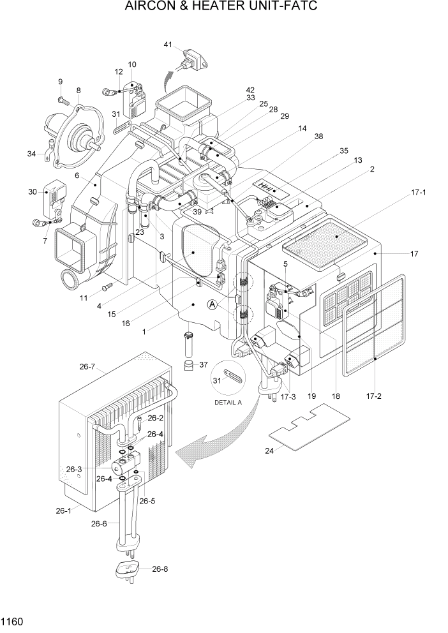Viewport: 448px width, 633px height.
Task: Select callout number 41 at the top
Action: [168, 45]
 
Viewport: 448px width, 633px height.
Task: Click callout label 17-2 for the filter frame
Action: [374, 396]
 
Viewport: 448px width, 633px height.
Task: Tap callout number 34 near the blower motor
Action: [32, 153]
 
